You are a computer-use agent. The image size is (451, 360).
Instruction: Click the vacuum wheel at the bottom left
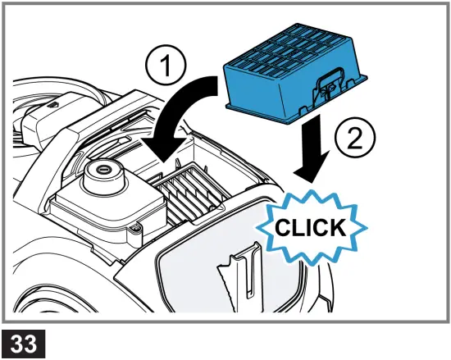point(25,295)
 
